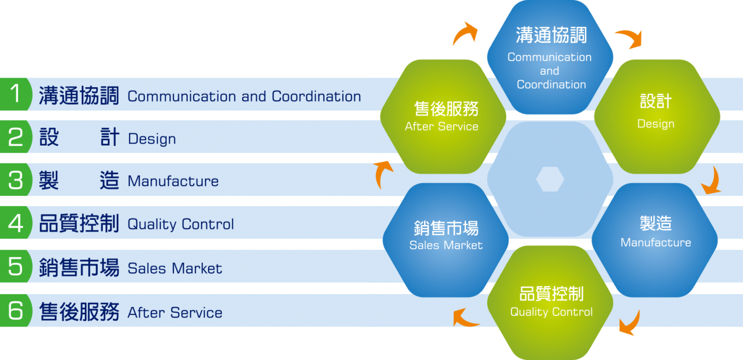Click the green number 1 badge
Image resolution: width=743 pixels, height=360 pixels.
pyautogui.click(x=16, y=94)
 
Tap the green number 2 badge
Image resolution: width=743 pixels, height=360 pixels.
pyautogui.click(x=16, y=136)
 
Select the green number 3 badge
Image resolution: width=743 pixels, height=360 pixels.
pyautogui.click(x=16, y=179)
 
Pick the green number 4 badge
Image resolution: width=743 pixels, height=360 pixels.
pyautogui.click(x=16, y=222)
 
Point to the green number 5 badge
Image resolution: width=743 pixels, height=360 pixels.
pyautogui.click(x=16, y=266)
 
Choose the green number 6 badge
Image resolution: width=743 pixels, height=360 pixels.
pyautogui.click(x=16, y=310)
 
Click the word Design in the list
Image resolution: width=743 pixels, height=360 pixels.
pyautogui.click(x=152, y=139)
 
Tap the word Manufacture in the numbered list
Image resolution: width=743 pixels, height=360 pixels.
pyautogui.click(x=173, y=181)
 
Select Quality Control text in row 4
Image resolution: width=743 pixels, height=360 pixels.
pyautogui.click(x=181, y=224)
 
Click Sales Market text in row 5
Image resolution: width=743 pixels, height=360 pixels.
pyautogui.click(x=175, y=269)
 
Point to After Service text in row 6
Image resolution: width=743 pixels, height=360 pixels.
pyautogui.click(x=175, y=313)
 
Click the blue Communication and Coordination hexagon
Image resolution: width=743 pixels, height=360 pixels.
pyautogui.click(x=550, y=57)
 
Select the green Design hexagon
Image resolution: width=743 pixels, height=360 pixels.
pyautogui.click(x=657, y=116)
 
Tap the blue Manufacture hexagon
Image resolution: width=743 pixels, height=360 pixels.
pyautogui.click(x=655, y=240)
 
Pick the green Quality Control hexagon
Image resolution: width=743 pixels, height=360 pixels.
pyautogui.click(x=550, y=303)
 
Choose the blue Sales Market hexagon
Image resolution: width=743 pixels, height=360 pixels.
pyautogui.click(x=445, y=240)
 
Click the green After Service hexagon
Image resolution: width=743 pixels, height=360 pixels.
pyautogui.click(x=443, y=116)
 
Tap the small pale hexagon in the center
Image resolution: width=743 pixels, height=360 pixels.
pyautogui.click(x=550, y=179)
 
